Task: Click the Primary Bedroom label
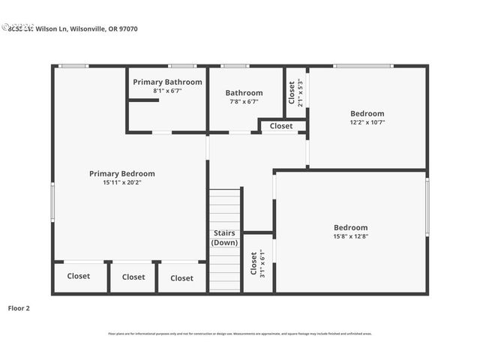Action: (122, 173)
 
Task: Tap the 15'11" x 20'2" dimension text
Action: (122, 182)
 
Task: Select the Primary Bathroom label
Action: (167, 82)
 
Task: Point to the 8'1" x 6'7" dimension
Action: (167, 91)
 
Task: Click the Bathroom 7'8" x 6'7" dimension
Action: (244, 101)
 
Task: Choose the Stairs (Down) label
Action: (224, 238)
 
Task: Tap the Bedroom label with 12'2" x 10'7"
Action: (367, 113)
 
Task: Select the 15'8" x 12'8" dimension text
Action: (350, 236)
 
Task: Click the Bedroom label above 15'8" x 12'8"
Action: (350, 227)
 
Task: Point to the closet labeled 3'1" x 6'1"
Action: (257, 263)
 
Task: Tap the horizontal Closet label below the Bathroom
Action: (281, 126)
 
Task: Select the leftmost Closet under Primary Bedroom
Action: (78, 276)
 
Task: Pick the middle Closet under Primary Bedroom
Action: (133, 277)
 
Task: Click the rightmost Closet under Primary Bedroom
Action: (181, 277)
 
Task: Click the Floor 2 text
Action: (19, 307)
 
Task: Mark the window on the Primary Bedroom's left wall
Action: (52, 202)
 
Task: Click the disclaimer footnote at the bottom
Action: (240, 334)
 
